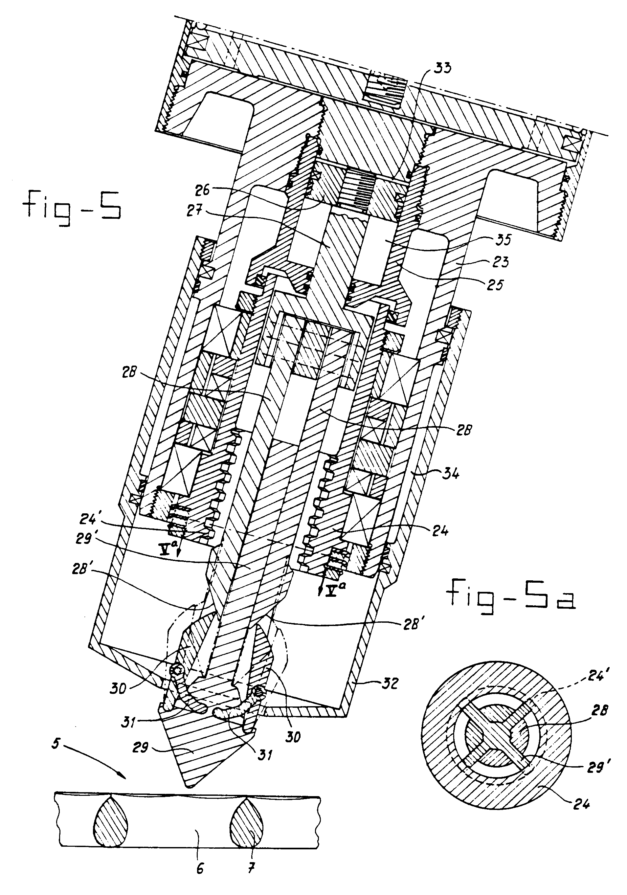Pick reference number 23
tap(500, 261)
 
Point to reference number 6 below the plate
tap(200, 878)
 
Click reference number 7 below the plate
tap(252, 878)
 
